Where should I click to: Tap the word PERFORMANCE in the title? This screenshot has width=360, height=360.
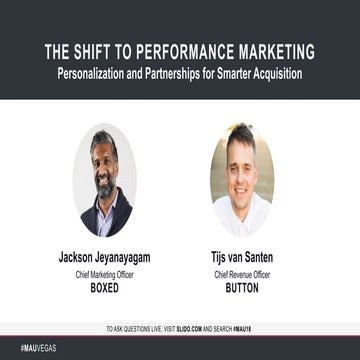185,51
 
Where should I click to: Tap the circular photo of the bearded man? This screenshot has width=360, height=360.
105,181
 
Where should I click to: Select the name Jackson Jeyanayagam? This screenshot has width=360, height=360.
105,257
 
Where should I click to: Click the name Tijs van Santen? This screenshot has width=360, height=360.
241,257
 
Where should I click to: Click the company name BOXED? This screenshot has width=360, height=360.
105,285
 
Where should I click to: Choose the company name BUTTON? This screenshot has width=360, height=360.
241,285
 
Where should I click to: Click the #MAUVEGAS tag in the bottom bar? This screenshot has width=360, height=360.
24,349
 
